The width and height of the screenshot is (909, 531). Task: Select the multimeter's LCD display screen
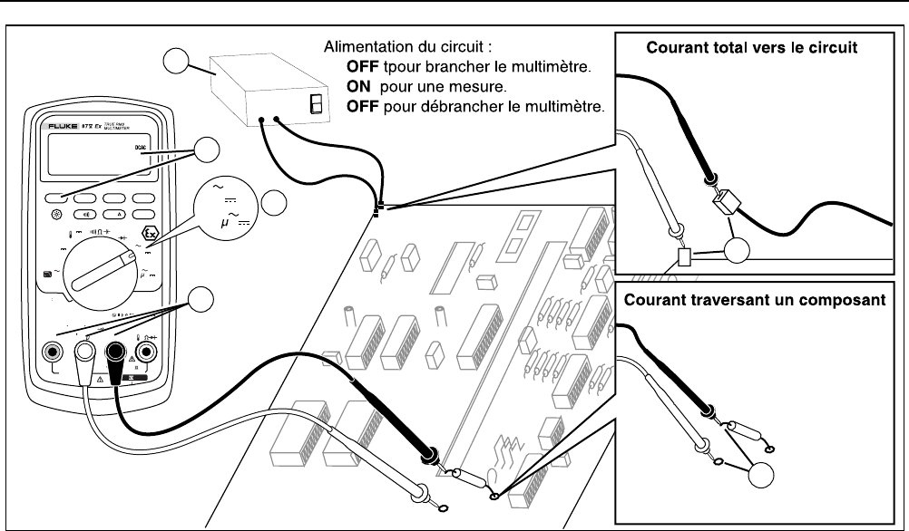tap(101, 159)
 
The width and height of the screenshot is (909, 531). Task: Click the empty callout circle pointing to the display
tap(210, 151)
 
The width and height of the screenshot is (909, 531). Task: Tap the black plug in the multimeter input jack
tap(118, 351)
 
